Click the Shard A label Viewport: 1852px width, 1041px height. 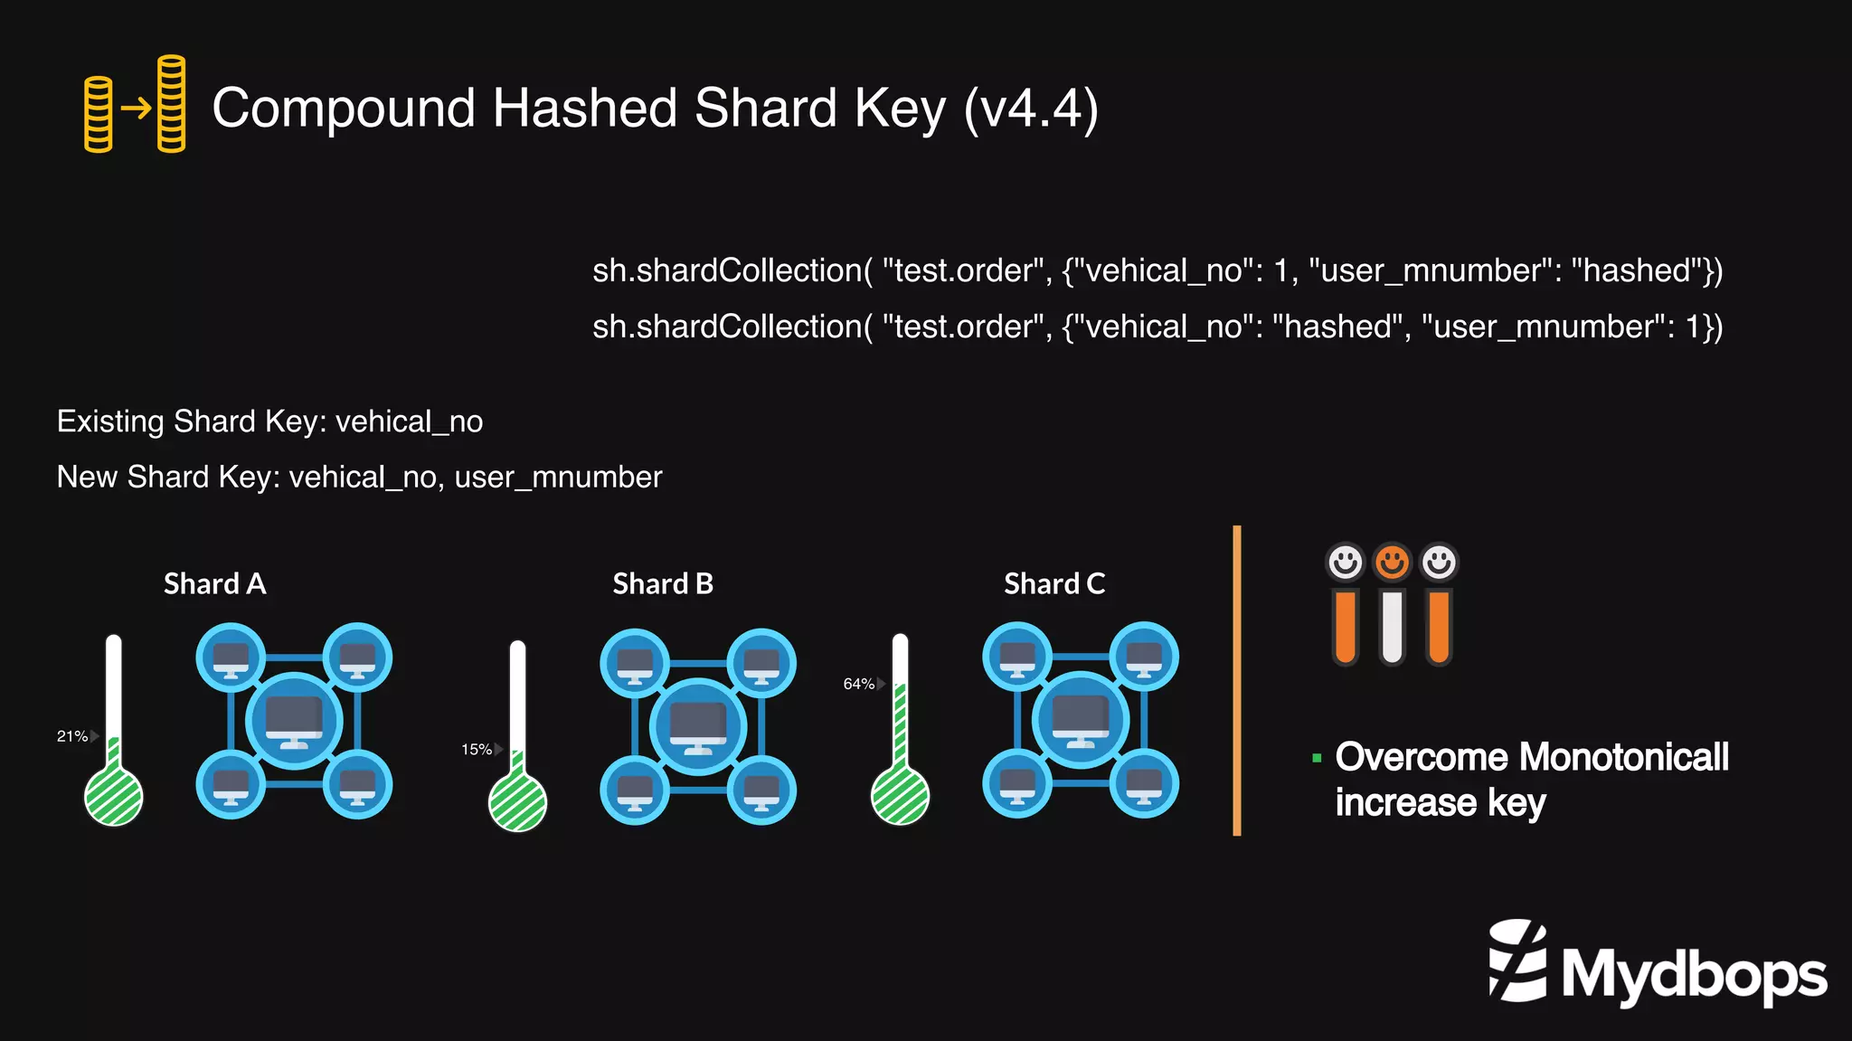[214, 584]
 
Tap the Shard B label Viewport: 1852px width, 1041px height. [663, 584]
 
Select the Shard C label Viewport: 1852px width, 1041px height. [1054, 584]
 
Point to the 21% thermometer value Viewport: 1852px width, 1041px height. [72, 736]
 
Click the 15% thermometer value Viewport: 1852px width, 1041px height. [477, 749]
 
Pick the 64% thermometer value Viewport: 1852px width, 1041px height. [858, 684]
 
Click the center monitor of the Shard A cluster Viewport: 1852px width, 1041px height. [294, 721]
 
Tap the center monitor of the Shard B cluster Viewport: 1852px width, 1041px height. [698, 726]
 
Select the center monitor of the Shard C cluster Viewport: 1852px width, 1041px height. [1081, 720]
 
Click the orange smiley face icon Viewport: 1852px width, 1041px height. [1392, 563]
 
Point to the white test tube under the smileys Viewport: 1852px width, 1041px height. [1392, 627]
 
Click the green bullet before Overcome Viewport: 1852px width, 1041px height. [1317, 758]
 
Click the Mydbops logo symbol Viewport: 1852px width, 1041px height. [1517, 961]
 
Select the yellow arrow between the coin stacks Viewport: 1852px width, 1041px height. [137, 109]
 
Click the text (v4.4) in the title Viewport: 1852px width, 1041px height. [1031, 109]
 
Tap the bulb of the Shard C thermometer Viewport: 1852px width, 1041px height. [900, 796]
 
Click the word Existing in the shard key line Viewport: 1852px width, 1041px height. [110, 421]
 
